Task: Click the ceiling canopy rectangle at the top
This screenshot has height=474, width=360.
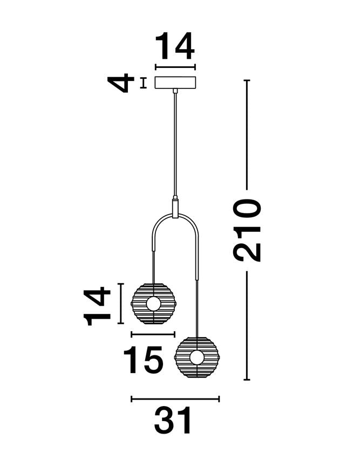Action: pyautogui.click(x=175, y=83)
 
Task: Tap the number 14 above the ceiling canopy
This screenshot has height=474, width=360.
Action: pyautogui.click(x=175, y=47)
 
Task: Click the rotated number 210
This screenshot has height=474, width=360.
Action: pyautogui.click(x=247, y=230)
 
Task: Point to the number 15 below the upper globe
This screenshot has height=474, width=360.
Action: pyautogui.click(x=143, y=360)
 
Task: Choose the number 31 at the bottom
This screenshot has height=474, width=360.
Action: pyautogui.click(x=173, y=422)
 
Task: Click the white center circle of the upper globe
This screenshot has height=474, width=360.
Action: pyautogui.click(x=154, y=304)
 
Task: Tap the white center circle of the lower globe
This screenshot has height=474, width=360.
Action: pyautogui.click(x=197, y=356)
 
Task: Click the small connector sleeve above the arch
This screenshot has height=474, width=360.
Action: pyautogui.click(x=175, y=208)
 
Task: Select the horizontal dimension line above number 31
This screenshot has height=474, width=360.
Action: pyautogui.click(x=175, y=399)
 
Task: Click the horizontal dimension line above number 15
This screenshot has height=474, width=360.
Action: pyautogui.click(x=153, y=335)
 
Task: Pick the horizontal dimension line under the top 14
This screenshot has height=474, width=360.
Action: pyautogui.click(x=175, y=67)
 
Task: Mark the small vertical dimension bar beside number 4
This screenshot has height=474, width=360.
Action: pyautogui.click(x=143, y=83)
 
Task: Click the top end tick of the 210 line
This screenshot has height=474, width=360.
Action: pyautogui.click(x=247, y=80)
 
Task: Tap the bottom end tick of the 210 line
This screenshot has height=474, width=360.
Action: pyautogui.click(x=247, y=380)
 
